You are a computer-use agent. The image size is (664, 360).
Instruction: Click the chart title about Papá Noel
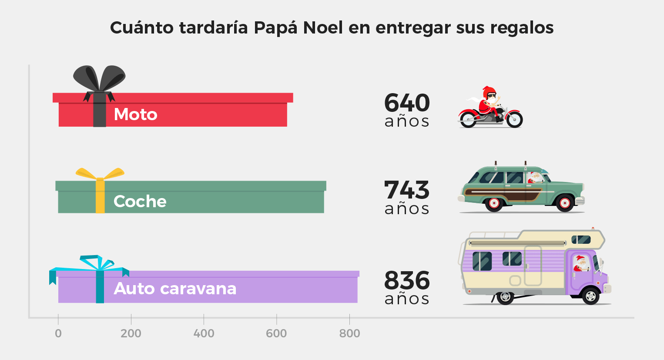click(x=332, y=28)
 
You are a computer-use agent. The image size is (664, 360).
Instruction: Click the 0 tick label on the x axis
click(x=58, y=333)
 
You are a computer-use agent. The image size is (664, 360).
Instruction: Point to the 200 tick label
click(x=131, y=333)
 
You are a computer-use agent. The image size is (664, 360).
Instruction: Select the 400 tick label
click(x=204, y=333)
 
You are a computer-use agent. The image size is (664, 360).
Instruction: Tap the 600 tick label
click(x=276, y=333)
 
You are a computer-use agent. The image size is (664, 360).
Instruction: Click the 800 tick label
click(x=349, y=333)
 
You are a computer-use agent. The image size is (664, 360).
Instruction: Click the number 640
click(x=407, y=103)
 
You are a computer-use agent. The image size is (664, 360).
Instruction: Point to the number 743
click(x=407, y=190)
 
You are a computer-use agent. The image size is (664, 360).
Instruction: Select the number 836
click(x=407, y=281)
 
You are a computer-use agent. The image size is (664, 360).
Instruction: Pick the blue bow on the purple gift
click(x=97, y=264)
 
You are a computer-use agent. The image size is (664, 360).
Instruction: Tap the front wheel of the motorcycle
click(x=513, y=119)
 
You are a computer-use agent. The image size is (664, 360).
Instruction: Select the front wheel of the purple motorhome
click(x=590, y=296)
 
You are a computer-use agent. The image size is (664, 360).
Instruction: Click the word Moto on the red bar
click(x=135, y=114)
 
